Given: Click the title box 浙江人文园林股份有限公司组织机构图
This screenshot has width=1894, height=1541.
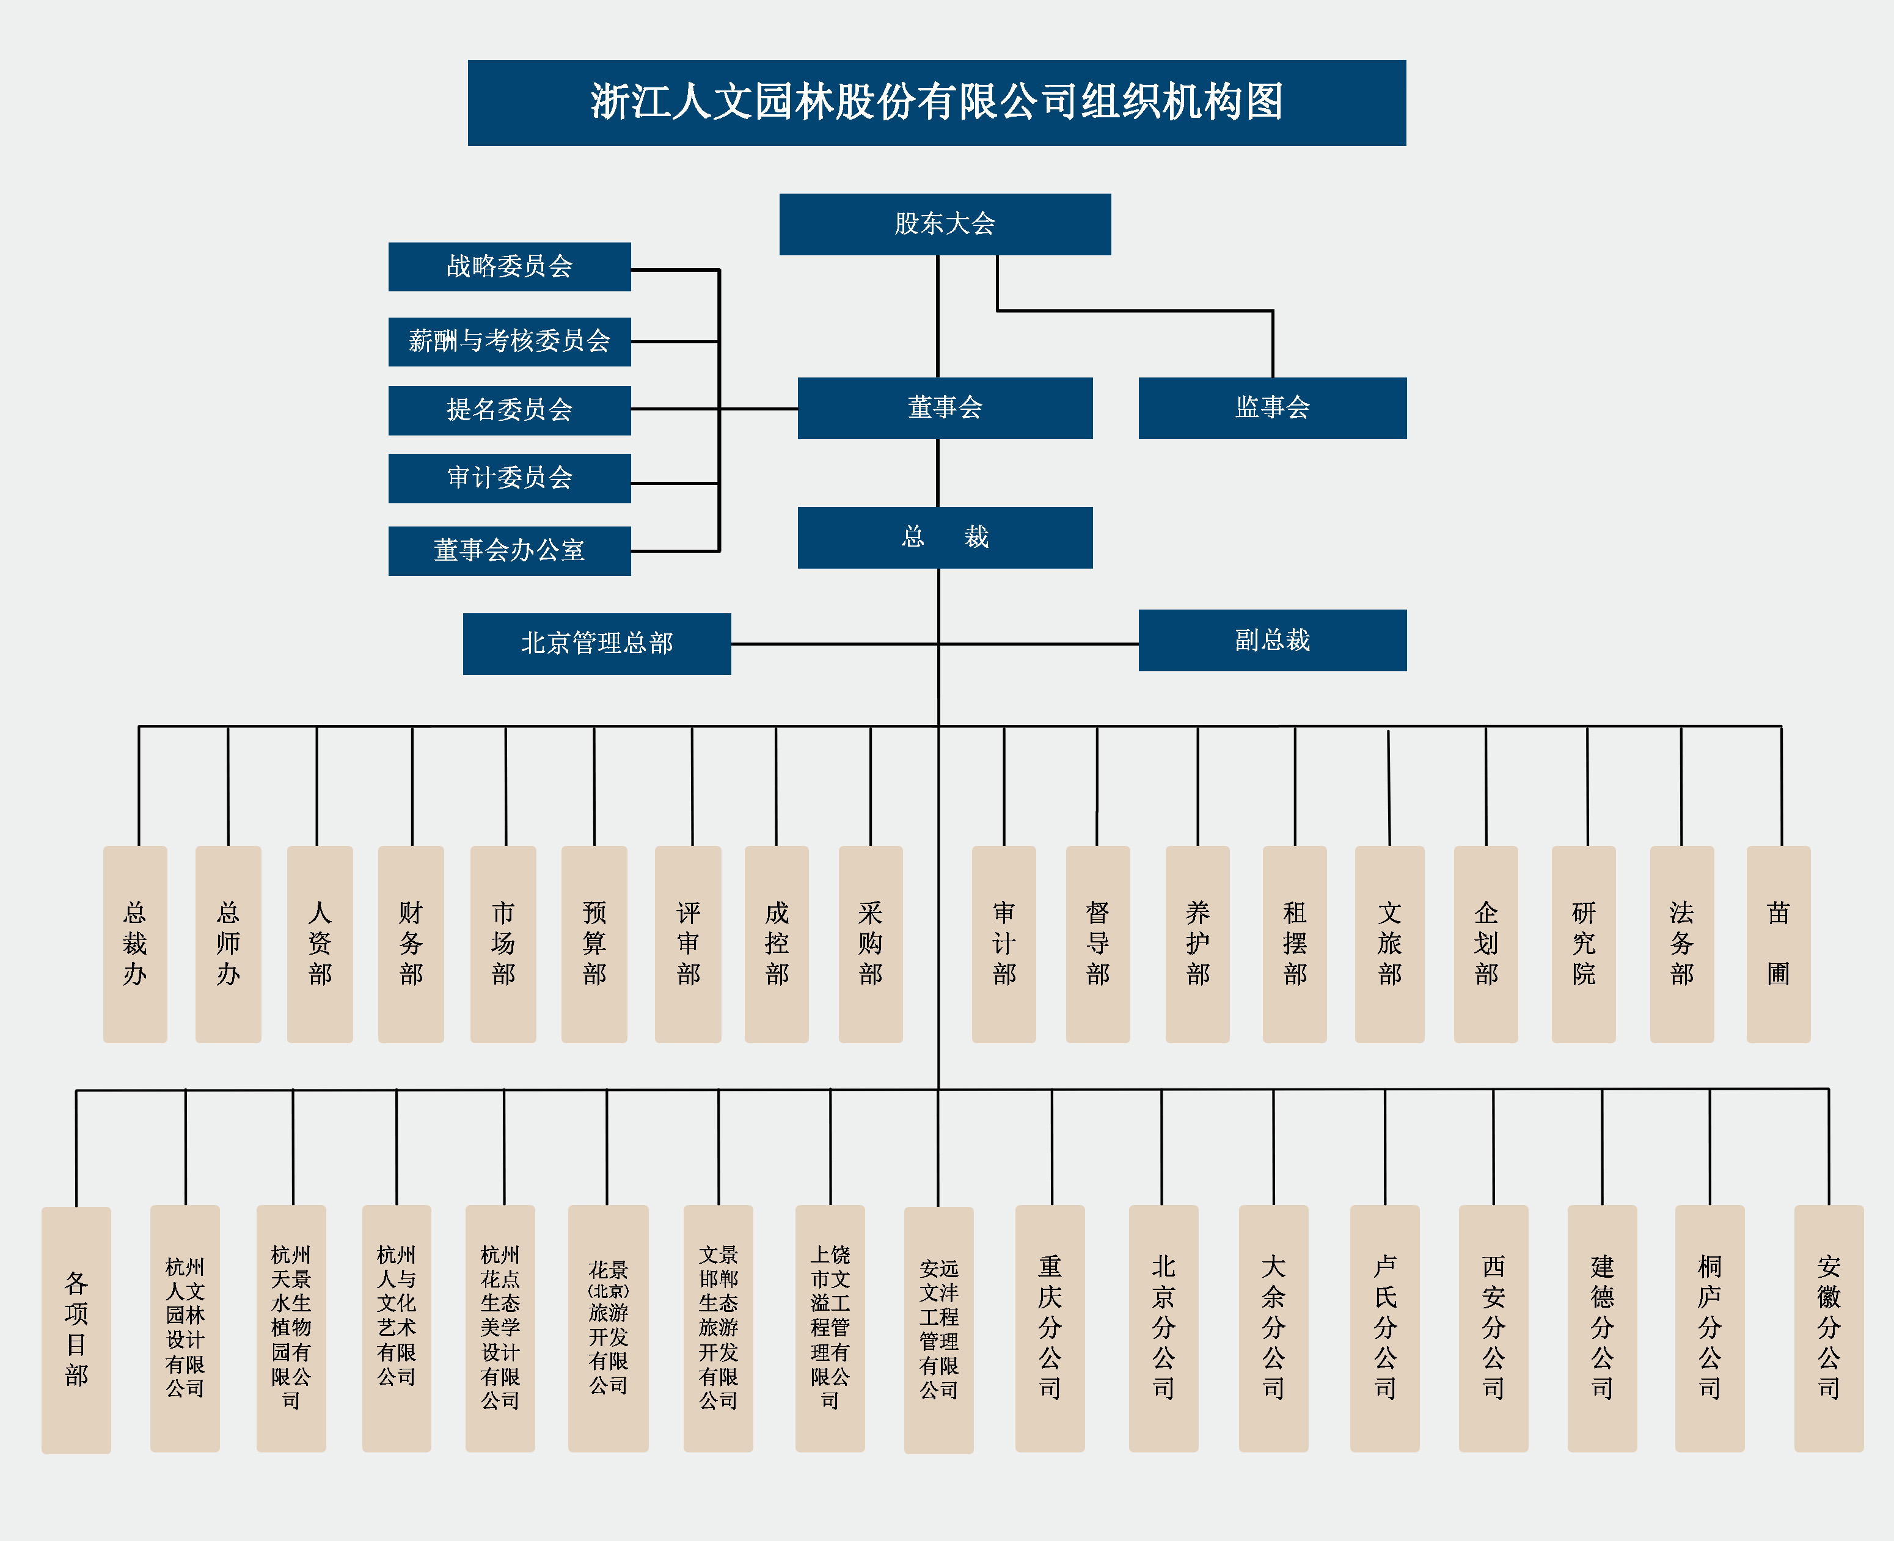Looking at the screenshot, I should pos(937,102).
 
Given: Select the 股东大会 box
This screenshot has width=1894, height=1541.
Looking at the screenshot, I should pos(945,224).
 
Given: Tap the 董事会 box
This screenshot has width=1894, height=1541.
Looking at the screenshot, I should pos(945,407).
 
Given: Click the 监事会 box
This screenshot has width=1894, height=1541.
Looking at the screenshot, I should pos(1273,407).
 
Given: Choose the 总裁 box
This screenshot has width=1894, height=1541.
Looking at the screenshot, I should pos(945,537).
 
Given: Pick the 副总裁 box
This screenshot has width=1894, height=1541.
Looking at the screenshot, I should pos(1273,640).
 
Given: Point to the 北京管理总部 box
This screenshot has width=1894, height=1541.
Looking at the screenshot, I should pos(597,644).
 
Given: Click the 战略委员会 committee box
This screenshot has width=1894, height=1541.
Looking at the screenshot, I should pos(510,266).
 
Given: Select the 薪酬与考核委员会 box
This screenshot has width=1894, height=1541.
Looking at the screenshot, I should pos(510,341).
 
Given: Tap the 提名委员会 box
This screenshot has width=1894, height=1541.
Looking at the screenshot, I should pos(510,410).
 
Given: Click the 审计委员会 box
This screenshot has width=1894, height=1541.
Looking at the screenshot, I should pos(510,478).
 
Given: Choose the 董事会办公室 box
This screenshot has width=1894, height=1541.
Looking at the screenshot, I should pos(510,550).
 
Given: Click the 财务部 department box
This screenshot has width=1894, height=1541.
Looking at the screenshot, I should pos(411,944).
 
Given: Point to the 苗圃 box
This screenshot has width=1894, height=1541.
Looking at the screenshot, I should pos(1778,944).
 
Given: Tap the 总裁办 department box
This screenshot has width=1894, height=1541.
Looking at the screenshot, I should pos(135,944).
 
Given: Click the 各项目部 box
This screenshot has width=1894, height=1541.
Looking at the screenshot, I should pos(76,1329).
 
